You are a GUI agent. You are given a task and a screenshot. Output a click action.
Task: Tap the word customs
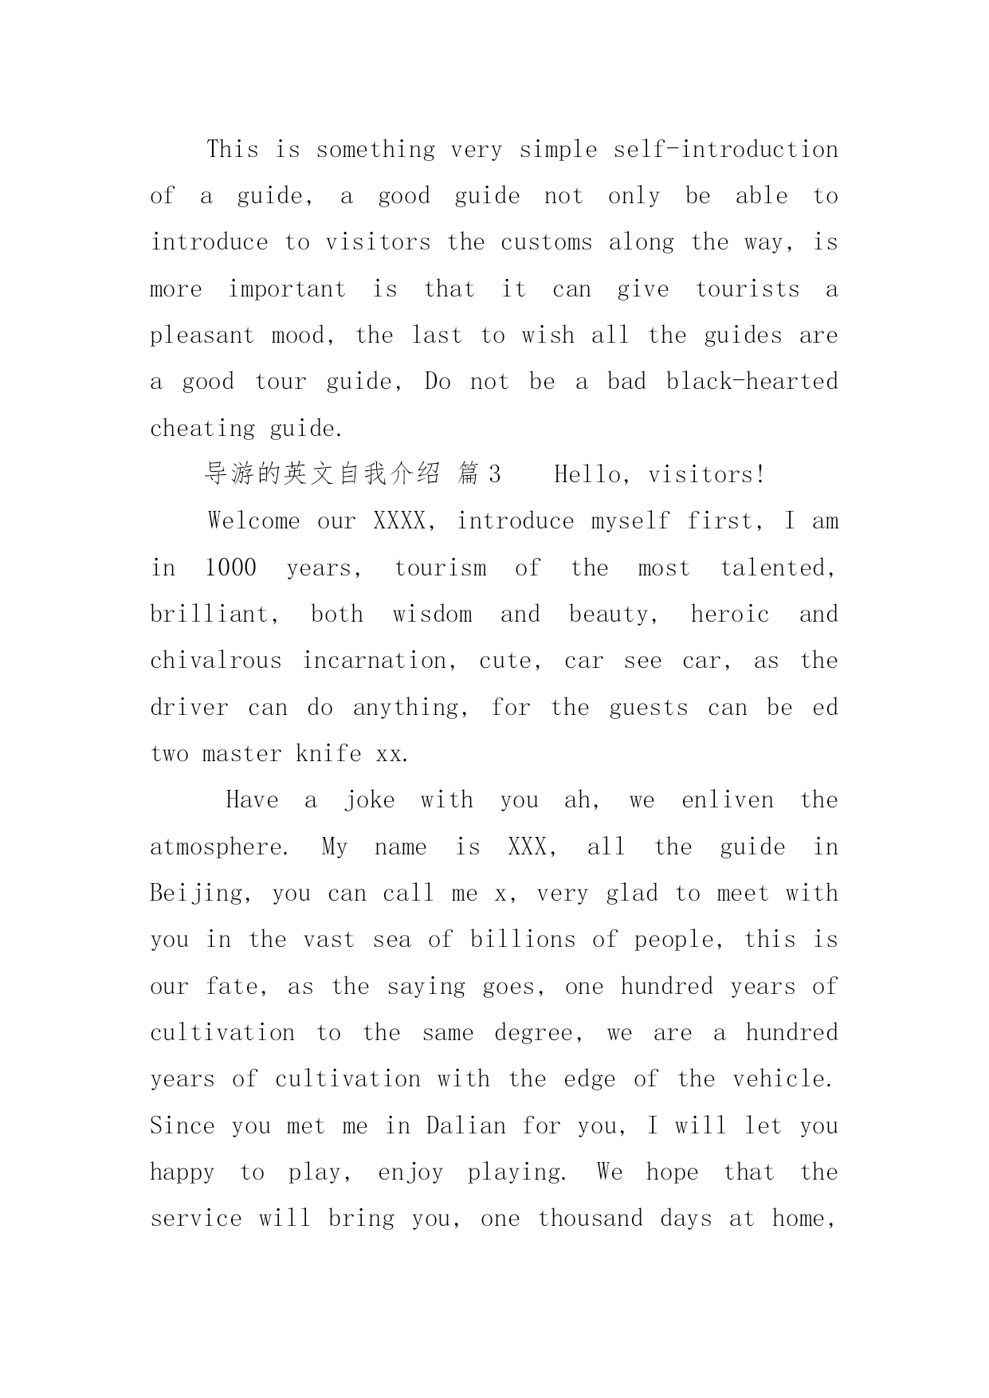[x=546, y=242]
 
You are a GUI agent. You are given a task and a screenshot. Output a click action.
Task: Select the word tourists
[x=748, y=289]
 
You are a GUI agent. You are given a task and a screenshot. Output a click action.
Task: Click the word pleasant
[x=202, y=336]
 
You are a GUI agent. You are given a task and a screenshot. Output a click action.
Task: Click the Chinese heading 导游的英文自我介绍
[x=322, y=475]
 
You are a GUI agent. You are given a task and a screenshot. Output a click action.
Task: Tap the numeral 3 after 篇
[x=494, y=475]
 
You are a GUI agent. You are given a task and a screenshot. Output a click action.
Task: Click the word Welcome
[x=254, y=521]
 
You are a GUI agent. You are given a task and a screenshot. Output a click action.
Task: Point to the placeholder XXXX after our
[x=403, y=521]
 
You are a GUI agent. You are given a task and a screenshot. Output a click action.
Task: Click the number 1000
[x=230, y=568]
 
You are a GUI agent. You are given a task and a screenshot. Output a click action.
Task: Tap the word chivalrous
[x=216, y=661]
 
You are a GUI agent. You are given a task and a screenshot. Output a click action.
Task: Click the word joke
[x=369, y=800]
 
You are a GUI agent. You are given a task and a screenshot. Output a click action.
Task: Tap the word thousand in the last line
[x=590, y=1219]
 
